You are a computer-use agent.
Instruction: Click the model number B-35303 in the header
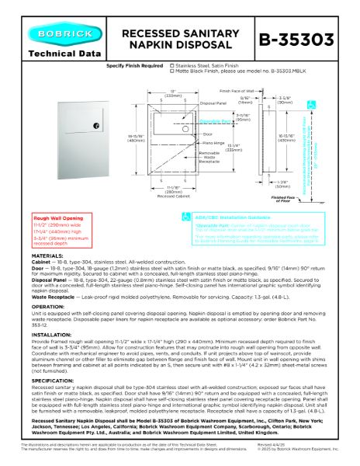point(306,38)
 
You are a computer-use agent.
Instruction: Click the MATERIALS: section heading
point(47,277)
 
